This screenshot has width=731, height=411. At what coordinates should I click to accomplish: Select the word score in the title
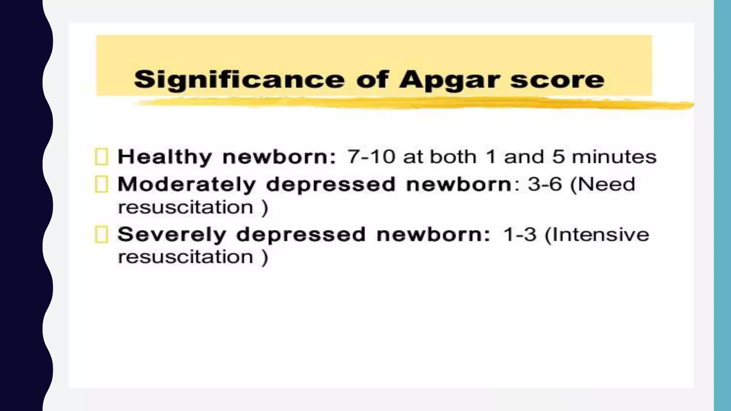[557, 80]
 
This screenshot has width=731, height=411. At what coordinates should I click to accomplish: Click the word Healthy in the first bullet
[165, 157]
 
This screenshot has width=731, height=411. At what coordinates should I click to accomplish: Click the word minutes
[614, 157]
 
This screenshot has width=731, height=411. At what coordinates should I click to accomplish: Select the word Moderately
[187, 184]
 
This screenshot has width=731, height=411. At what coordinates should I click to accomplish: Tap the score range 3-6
[545, 184]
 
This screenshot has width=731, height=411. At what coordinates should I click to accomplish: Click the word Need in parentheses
[607, 184]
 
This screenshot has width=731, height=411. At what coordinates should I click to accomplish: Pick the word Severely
[172, 235]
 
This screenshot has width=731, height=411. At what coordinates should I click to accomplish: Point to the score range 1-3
[519, 235]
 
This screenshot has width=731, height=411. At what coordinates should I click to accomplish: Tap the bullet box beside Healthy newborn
[101, 157]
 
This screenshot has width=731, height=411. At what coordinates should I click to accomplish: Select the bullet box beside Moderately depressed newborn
[101, 184]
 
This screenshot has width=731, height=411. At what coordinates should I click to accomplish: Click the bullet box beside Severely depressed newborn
[101, 235]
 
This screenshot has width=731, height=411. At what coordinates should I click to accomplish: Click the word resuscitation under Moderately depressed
[186, 207]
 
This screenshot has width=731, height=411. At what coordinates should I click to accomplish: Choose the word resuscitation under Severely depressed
[186, 257]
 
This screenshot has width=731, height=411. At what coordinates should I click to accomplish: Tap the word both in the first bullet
[453, 157]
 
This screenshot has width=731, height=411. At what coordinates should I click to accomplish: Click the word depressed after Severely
[301, 235]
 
